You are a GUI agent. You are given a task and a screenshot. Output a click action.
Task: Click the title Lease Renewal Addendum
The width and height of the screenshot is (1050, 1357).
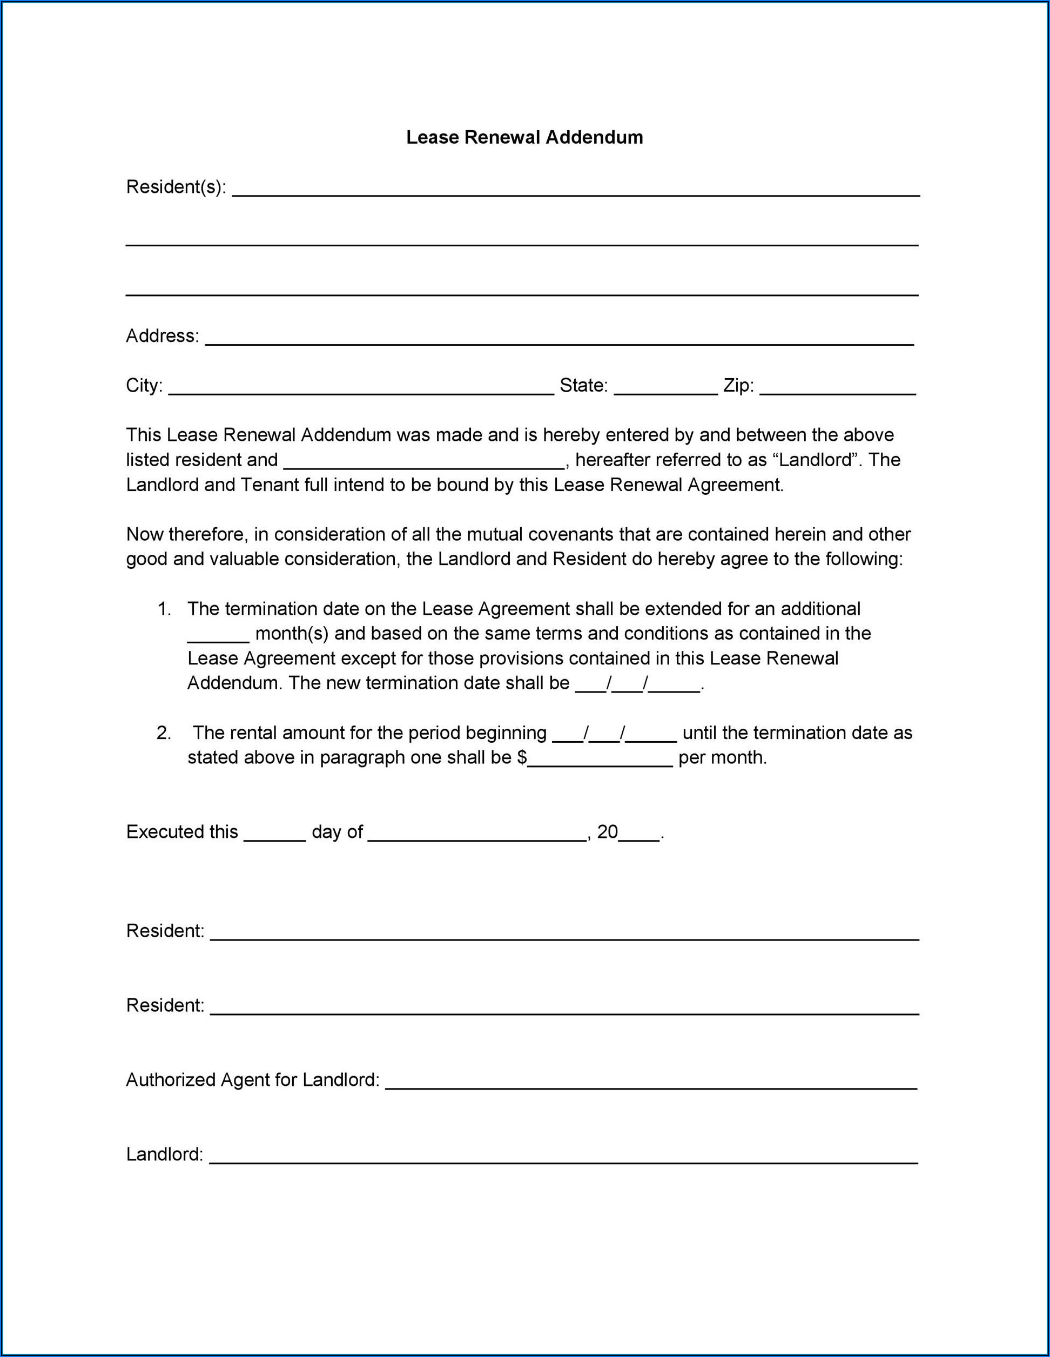(x=524, y=137)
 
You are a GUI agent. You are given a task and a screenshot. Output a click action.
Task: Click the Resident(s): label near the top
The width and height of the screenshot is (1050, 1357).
(x=176, y=187)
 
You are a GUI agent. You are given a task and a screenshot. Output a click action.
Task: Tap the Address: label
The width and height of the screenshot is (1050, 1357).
(x=162, y=336)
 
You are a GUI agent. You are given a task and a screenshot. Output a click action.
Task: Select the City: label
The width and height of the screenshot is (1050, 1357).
(x=144, y=386)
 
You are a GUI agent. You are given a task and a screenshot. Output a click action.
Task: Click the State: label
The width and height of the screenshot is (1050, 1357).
(x=583, y=386)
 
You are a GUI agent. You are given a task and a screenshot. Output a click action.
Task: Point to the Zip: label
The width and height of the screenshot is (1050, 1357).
(x=738, y=386)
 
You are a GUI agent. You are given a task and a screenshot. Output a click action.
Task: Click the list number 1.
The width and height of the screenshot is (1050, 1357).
(x=164, y=609)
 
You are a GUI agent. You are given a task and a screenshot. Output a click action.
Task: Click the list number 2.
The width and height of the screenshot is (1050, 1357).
(x=164, y=733)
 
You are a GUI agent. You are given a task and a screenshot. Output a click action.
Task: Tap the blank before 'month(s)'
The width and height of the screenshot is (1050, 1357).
(x=218, y=638)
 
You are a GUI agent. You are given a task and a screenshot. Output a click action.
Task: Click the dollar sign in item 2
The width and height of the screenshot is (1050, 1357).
(x=522, y=758)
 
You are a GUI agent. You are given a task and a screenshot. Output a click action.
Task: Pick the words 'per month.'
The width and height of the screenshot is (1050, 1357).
(x=723, y=758)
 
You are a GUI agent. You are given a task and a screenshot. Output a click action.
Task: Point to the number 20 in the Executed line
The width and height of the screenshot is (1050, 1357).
(x=607, y=832)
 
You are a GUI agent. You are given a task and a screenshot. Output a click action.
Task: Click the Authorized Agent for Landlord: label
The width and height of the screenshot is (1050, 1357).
(x=252, y=1080)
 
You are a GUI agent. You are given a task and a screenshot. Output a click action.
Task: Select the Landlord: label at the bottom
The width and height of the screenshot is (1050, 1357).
(x=165, y=1154)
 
